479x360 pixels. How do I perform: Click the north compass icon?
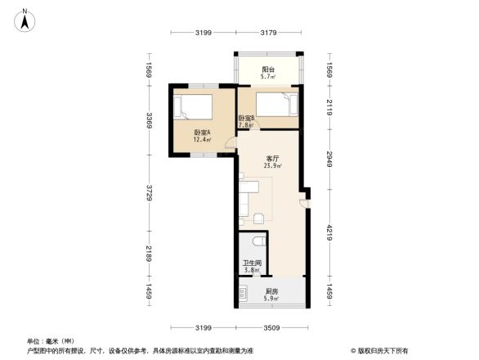click(26, 19)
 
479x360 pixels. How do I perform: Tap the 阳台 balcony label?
click(267, 70)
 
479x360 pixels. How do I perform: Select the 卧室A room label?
click(202, 133)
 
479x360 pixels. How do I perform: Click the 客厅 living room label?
click(273, 159)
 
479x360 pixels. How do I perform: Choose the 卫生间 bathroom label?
click(252, 263)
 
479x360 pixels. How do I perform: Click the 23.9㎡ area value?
click(273, 166)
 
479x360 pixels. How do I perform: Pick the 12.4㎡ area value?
click(202, 140)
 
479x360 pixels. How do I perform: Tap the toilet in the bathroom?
click(257, 239)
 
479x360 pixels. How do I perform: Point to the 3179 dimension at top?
click(270, 33)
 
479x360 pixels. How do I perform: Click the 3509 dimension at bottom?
click(271, 327)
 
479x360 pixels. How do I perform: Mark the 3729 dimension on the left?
click(150, 191)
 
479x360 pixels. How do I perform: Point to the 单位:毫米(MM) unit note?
click(51, 340)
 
